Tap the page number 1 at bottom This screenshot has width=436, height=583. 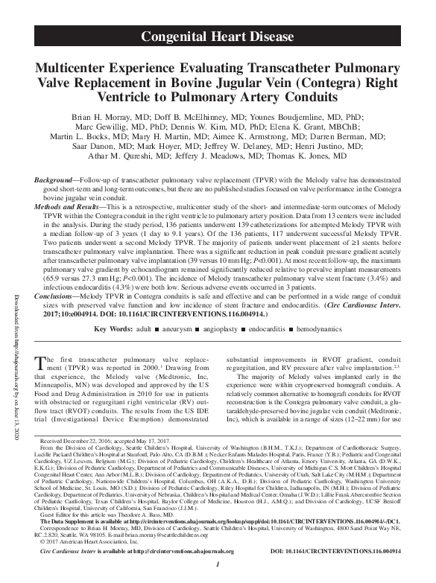(218, 574)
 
